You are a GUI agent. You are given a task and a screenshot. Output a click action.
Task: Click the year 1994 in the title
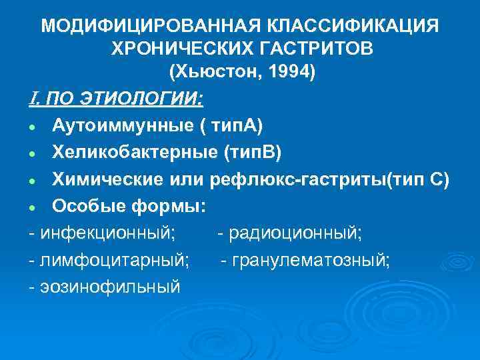(283, 71)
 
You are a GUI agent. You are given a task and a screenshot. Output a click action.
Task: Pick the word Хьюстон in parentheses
(208, 71)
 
